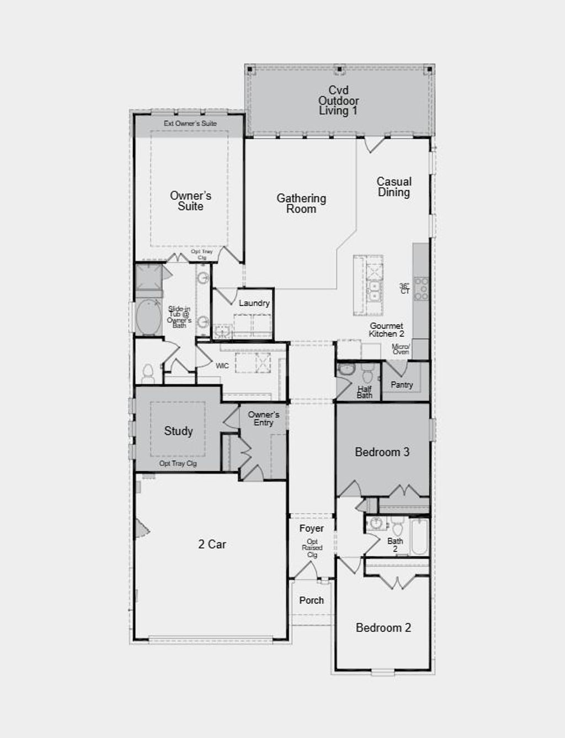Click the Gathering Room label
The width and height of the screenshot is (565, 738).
pyautogui.click(x=301, y=203)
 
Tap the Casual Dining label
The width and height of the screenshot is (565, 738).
pyautogui.click(x=394, y=187)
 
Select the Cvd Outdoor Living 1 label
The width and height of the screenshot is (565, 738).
pyautogui.click(x=338, y=101)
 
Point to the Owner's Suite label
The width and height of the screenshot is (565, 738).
pyautogui.click(x=190, y=201)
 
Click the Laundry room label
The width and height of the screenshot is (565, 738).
pyautogui.click(x=254, y=303)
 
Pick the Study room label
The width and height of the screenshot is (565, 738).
pyautogui.click(x=178, y=431)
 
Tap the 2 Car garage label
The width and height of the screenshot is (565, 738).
pyautogui.click(x=212, y=544)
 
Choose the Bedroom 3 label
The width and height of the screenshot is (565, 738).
pyautogui.click(x=382, y=452)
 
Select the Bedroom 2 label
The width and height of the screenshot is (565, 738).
pyautogui.click(x=383, y=628)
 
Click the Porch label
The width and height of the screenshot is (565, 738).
pyautogui.click(x=311, y=600)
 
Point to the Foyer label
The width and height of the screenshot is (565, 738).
pyautogui.click(x=311, y=528)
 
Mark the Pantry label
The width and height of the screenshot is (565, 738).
pyautogui.click(x=402, y=384)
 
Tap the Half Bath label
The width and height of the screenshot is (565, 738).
pyautogui.click(x=364, y=392)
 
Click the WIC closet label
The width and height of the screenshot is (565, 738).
pyautogui.click(x=222, y=366)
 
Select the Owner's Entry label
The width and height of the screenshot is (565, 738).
pyautogui.click(x=263, y=418)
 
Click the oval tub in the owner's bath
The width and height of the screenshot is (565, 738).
pyautogui.click(x=148, y=317)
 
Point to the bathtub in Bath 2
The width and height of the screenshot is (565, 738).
pyautogui.click(x=419, y=536)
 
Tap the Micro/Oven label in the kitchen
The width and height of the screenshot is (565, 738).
pyautogui.click(x=401, y=349)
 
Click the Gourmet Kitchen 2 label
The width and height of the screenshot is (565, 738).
pyautogui.click(x=386, y=330)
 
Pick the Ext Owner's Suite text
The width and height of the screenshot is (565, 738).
pyautogui.click(x=190, y=123)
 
